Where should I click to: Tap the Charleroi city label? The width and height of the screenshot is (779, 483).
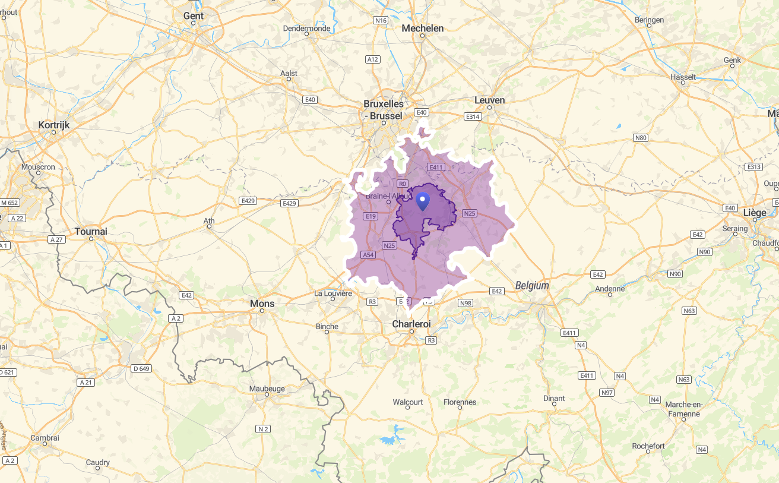pyautogui.click(x=411, y=324)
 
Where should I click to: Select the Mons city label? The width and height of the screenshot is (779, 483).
pyautogui.click(x=262, y=304)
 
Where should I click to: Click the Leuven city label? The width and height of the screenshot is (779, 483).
pyautogui.click(x=490, y=100)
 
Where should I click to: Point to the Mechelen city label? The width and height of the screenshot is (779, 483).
pyautogui.click(x=422, y=28)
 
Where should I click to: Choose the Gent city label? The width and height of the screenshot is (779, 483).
pyautogui.click(x=193, y=16)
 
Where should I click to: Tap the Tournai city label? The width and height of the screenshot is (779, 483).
pyautogui.click(x=91, y=231)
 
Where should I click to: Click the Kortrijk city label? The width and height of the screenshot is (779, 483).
pyautogui.click(x=53, y=125)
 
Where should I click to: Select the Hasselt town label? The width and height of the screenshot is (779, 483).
pyautogui.click(x=683, y=77)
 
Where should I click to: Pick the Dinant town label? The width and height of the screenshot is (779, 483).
pyautogui.click(x=554, y=399)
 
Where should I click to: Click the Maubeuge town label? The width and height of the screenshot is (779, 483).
pyautogui.click(x=267, y=389)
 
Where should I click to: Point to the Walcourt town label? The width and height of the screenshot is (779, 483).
pyautogui.click(x=408, y=402)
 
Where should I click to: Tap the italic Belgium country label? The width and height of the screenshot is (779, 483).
pyautogui.click(x=532, y=286)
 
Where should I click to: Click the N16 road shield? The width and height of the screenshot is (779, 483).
pyautogui.click(x=381, y=21)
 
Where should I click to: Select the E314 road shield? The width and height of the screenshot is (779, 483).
pyautogui.click(x=473, y=116)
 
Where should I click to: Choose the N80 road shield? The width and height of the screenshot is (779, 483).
pyautogui.click(x=640, y=138)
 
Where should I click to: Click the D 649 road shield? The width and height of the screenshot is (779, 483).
pyautogui.click(x=141, y=368)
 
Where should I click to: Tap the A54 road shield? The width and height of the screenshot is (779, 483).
pyautogui.click(x=368, y=255)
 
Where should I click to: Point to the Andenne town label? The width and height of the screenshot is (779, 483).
pyautogui.click(x=610, y=289)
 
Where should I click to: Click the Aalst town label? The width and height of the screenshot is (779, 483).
pyautogui.click(x=289, y=73)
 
